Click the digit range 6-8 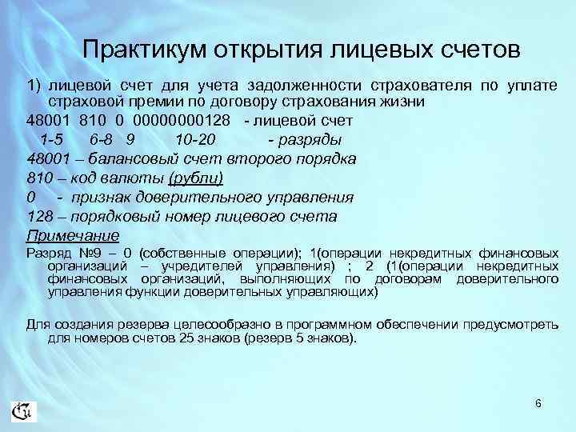tap(106, 139)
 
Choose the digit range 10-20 tap(194, 139)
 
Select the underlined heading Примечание tap(73, 235)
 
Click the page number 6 tap(538, 403)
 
